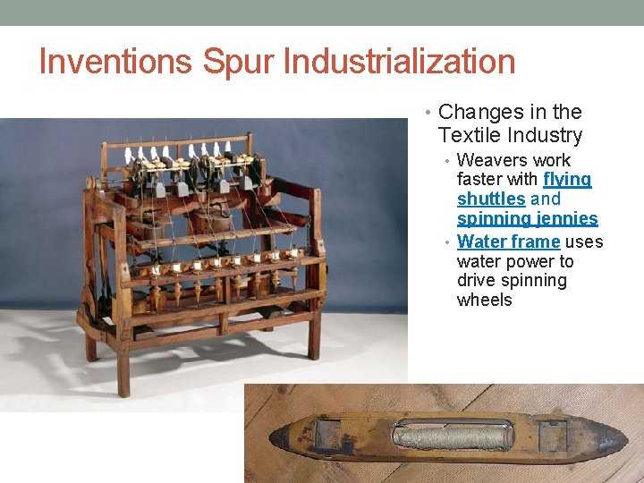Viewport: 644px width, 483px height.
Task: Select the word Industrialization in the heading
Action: [399, 62]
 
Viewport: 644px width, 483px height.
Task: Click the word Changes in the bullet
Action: [481, 112]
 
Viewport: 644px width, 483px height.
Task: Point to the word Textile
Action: [470, 135]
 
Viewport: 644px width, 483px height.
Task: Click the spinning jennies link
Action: [527, 218]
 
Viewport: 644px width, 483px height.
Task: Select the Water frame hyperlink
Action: [508, 241]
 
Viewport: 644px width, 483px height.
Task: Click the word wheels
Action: [484, 300]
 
